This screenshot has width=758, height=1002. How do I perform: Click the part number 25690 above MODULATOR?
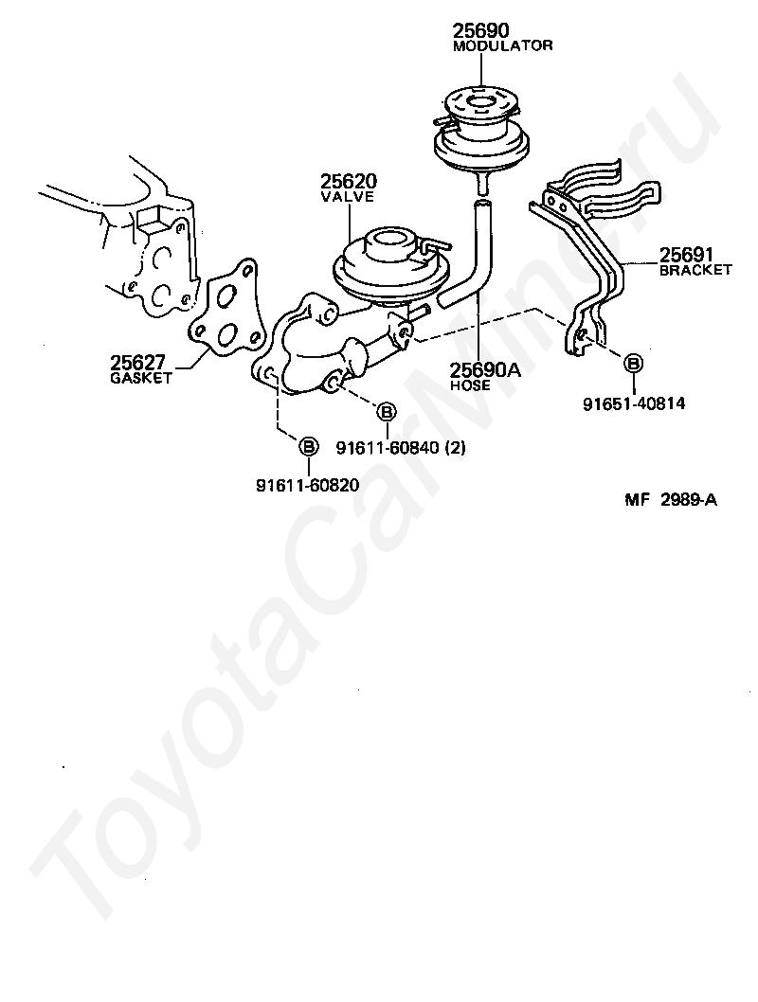tap(481, 31)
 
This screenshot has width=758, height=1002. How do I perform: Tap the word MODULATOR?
tap(502, 45)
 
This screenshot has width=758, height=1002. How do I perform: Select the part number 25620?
tap(348, 181)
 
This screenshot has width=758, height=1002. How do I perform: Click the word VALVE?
tap(347, 197)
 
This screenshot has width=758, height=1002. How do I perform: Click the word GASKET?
tap(141, 377)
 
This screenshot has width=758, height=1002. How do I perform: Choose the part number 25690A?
tap(486, 370)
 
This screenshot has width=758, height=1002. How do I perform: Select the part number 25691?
tap(686, 255)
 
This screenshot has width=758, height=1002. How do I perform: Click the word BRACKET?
tap(695, 270)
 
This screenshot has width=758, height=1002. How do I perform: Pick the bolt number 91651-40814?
tap(634, 403)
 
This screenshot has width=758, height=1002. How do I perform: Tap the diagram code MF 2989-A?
tap(670, 501)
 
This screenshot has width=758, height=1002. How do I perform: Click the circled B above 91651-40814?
tap(633, 363)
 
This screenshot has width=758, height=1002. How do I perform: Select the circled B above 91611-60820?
tap(308, 445)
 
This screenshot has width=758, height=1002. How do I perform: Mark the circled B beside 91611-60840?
tap(386, 411)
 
